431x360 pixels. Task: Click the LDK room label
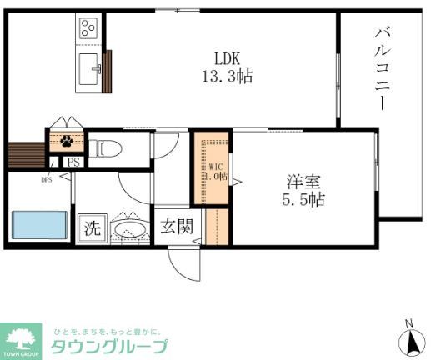227,59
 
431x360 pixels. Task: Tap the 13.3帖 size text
227,76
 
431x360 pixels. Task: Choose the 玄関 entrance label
176,226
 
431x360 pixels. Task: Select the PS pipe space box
73,162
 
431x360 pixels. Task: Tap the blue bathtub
38,226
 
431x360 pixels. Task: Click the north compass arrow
409,340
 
